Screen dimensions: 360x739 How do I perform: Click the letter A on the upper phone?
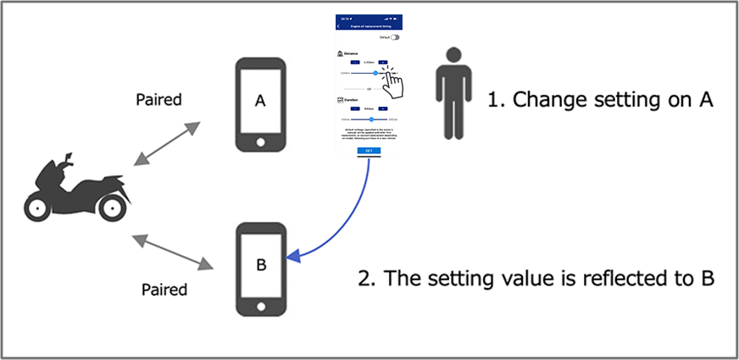pyautogui.click(x=261, y=101)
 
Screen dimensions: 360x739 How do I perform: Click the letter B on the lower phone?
pyautogui.click(x=261, y=265)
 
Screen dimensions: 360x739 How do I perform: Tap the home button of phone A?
pyautogui.click(x=261, y=140)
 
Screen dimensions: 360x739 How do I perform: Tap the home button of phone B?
pyautogui.click(x=261, y=305)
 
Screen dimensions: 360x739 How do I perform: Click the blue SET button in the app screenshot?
pyautogui.click(x=368, y=151)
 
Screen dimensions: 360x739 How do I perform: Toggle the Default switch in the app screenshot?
pyautogui.click(x=394, y=37)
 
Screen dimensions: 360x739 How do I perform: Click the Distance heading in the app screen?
pyautogui.click(x=350, y=53)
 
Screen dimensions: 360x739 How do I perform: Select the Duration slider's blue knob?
pyautogui.click(x=371, y=119)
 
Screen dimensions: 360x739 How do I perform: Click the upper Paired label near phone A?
pyautogui.click(x=158, y=100)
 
